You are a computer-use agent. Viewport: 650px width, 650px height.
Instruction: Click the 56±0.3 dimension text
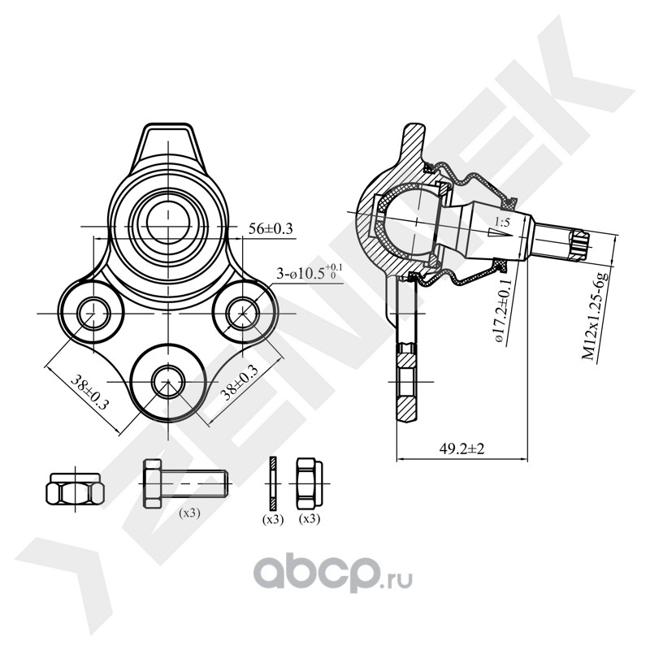(271, 230)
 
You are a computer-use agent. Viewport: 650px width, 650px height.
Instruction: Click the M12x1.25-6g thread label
(602, 316)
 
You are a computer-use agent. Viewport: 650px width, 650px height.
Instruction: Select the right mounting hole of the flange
(243, 310)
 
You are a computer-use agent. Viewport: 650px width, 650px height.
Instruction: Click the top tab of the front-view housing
(168, 139)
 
